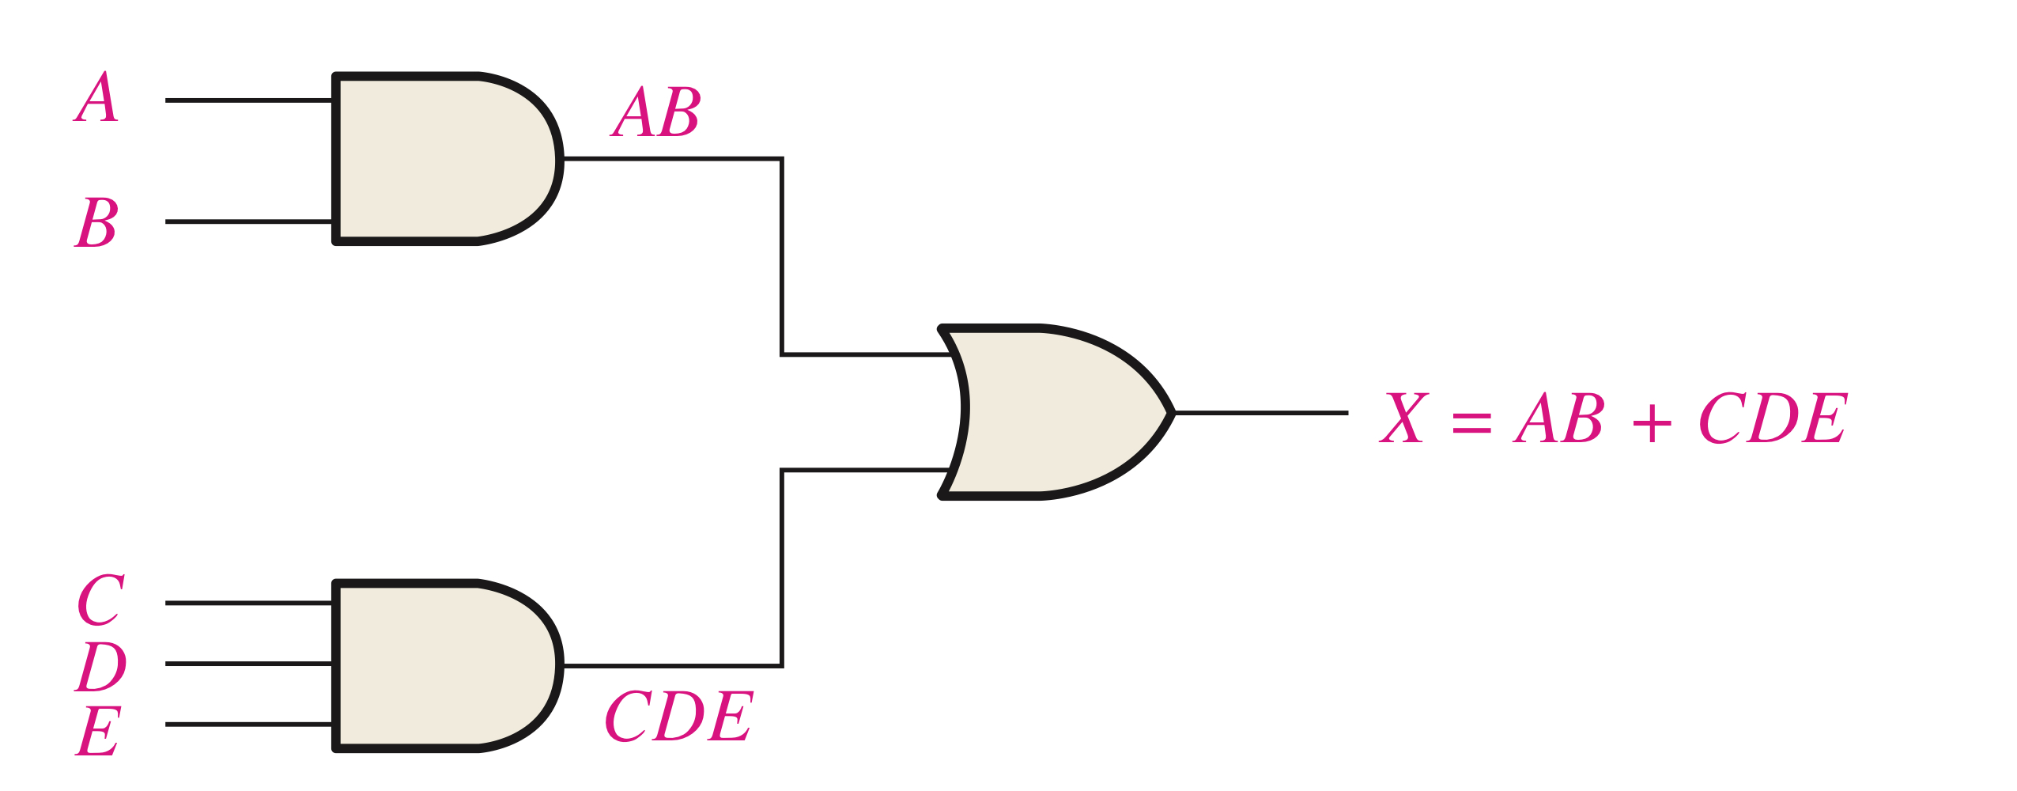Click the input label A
[97, 98]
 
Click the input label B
[97, 223]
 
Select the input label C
[100, 600]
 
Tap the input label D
[100, 666]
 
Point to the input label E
[99, 731]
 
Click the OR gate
[1052, 412]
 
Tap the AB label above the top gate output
[656, 112]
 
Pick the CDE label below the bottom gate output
[678, 717]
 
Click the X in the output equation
[1403, 418]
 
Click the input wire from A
[248, 100]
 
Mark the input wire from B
[248, 221]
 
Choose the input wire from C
[248, 603]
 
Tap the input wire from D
[248, 664]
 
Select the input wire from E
[248, 724]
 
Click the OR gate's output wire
[1260, 412]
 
